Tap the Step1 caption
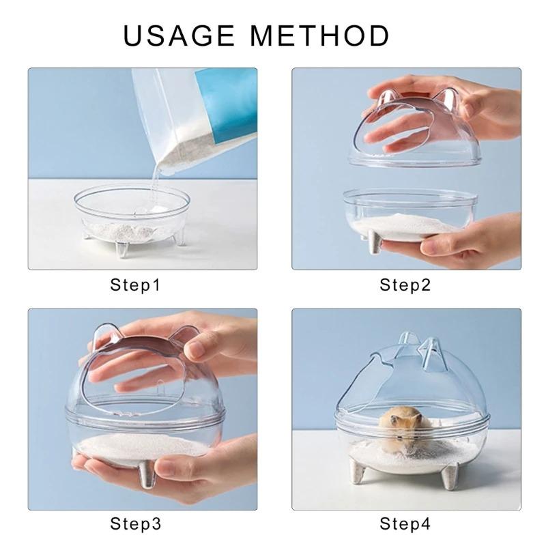click(x=135, y=285)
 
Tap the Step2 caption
click(x=405, y=285)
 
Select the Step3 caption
click(x=135, y=524)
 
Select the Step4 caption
click(x=405, y=524)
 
